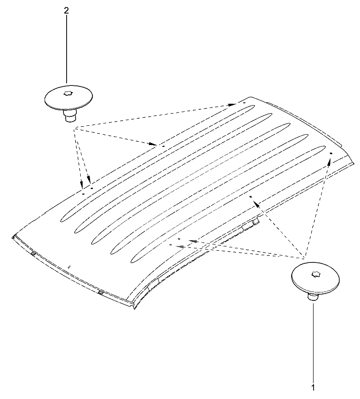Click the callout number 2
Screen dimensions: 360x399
[x=66, y=11]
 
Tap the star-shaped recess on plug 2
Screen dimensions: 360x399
[x=68, y=93]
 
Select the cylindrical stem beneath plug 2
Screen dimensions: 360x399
[x=69, y=116]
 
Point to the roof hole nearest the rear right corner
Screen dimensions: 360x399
[x=331, y=153]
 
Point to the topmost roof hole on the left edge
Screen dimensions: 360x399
[x=244, y=103]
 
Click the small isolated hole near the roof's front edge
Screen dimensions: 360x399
[x=69, y=267]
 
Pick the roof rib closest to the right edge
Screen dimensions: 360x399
[x=228, y=204]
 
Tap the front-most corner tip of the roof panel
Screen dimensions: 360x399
[x=134, y=309]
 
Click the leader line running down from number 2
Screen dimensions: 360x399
[x=67, y=49]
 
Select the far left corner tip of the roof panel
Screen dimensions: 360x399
[x=13, y=238]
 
